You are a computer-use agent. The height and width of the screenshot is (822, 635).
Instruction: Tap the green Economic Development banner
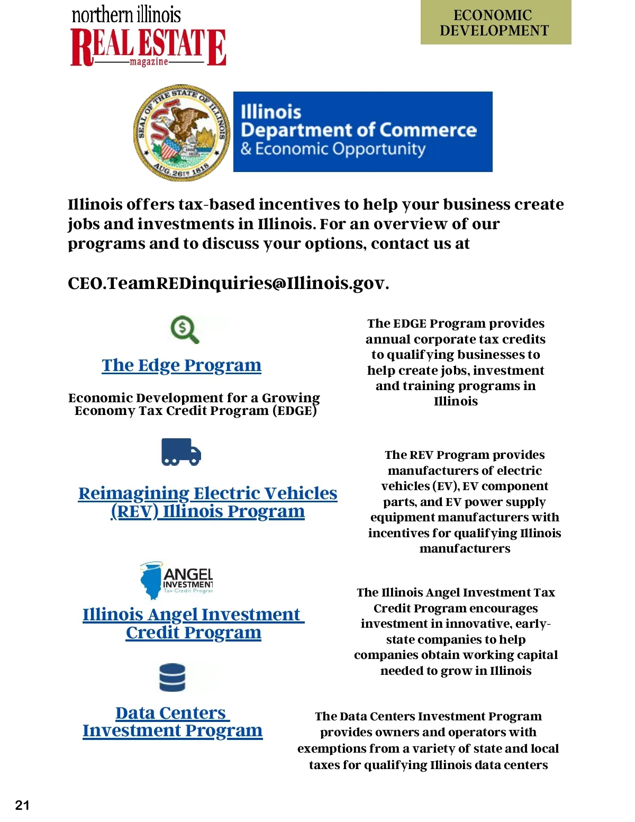point(495,23)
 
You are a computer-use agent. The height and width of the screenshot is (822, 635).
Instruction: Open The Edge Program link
point(182,365)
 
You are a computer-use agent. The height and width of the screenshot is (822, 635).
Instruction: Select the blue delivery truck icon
point(181,451)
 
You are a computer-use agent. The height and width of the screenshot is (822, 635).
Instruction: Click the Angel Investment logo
point(177,580)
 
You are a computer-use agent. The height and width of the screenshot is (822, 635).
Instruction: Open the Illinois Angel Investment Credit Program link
point(193,623)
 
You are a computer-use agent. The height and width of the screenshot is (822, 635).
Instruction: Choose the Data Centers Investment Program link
point(173,721)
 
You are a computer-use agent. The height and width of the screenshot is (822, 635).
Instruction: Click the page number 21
point(22,805)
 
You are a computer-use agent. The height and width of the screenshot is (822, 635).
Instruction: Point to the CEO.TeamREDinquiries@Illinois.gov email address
point(228,283)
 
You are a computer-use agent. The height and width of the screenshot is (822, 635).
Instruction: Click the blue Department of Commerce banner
point(362,131)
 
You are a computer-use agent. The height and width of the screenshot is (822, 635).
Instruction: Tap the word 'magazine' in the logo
point(149,62)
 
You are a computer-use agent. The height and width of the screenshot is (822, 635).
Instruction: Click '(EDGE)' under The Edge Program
point(295,411)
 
